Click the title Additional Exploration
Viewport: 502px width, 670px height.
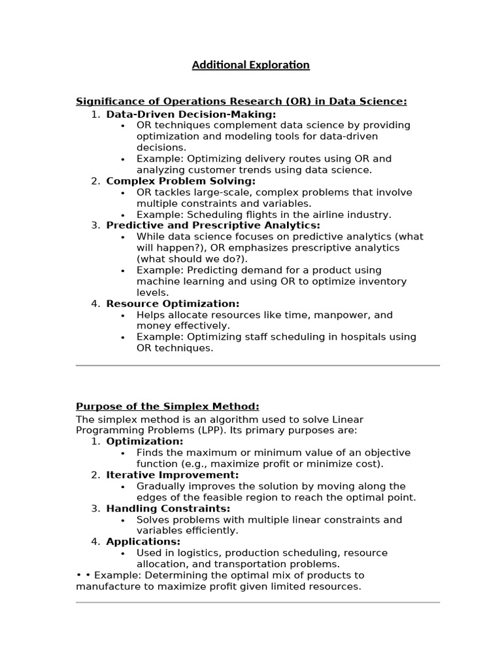tap(250, 65)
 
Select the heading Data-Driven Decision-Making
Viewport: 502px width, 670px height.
tap(191, 114)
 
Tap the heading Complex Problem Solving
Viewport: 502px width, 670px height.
tap(180, 181)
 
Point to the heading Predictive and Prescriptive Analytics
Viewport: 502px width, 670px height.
tap(214, 225)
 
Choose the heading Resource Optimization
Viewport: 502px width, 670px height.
tap(173, 304)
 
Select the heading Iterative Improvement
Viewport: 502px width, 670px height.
tap(173, 475)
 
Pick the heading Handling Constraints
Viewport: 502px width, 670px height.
tap(168, 508)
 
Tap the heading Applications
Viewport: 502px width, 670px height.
tap(143, 542)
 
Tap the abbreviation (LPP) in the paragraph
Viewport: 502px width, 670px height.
tap(195, 431)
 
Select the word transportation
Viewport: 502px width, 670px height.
tap(260, 564)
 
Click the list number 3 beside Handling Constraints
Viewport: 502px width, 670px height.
tap(95, 508)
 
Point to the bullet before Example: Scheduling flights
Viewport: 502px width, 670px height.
tap(124, 215)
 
